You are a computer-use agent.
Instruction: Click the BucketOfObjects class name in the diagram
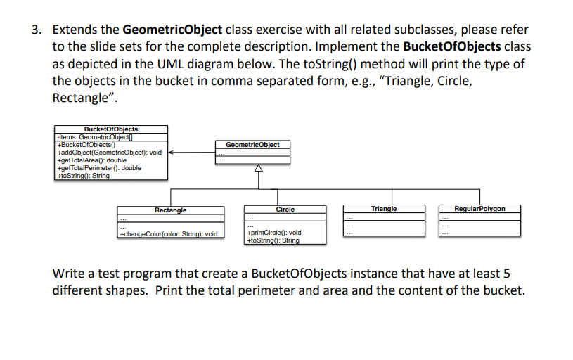111,129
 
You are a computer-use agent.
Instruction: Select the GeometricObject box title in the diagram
252,144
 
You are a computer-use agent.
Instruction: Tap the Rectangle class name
170,210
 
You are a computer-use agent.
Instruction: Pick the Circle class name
285,210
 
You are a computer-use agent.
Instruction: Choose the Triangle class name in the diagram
384,209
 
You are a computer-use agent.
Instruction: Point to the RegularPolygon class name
479,209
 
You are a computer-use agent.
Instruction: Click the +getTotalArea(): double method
92,160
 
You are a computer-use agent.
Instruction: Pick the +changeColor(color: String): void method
169,233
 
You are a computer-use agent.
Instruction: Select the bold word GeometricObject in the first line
172,30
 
